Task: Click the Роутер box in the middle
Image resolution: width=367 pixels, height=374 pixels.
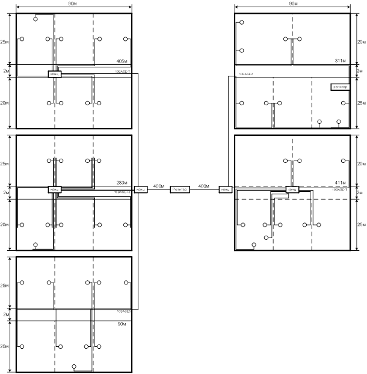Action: (180, 189)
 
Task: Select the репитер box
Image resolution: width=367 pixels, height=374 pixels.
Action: (340, 87)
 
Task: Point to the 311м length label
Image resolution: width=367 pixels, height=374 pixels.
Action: (342, 61)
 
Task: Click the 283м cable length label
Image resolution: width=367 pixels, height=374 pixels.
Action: (122, 183)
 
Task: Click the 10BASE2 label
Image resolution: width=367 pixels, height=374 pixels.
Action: (245, 74)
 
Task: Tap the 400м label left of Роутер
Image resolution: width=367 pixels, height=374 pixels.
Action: (159, 186)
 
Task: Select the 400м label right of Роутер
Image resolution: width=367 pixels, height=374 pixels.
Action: (204, 186)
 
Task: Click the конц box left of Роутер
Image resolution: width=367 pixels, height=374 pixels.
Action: (141, 189)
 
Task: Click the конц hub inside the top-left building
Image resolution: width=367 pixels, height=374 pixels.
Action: (55, 73)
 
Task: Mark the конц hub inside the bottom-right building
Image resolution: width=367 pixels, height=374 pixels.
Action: (292, 189)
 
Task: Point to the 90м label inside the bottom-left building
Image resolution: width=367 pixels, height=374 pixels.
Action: (122, 324)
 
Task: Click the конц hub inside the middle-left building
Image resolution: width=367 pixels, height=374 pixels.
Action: (55, 189)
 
